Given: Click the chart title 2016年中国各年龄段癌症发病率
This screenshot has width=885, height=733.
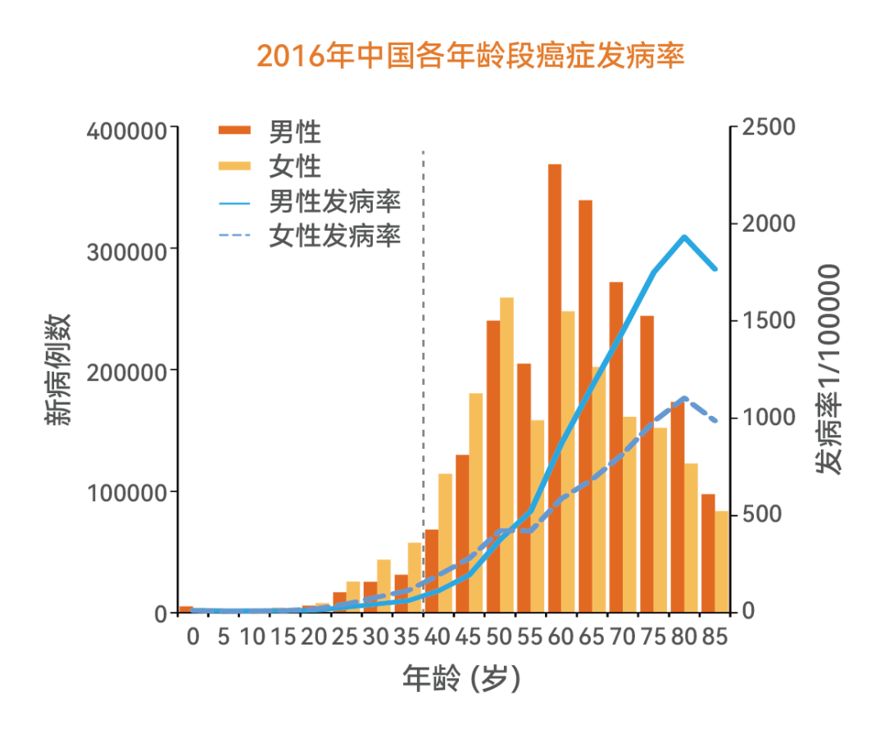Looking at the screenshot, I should [470, 56].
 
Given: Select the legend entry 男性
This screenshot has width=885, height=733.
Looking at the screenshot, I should [294, 130].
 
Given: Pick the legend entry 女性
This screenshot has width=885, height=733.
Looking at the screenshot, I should [294, 166].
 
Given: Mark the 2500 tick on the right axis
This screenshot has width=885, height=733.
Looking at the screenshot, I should [769, 128].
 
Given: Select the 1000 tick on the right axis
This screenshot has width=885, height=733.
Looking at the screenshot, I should [769, 418].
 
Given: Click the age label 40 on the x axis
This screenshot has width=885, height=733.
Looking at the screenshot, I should [437, 636].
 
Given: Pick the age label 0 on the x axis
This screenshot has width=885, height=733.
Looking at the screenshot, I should [193, 636].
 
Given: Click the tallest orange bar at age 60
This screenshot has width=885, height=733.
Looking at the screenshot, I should [555, 385].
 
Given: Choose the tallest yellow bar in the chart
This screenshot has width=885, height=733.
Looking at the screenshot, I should [506, 450].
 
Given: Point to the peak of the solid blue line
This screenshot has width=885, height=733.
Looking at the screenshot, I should [683, 237].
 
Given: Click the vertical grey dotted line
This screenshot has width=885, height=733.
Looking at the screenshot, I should [423, 369].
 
